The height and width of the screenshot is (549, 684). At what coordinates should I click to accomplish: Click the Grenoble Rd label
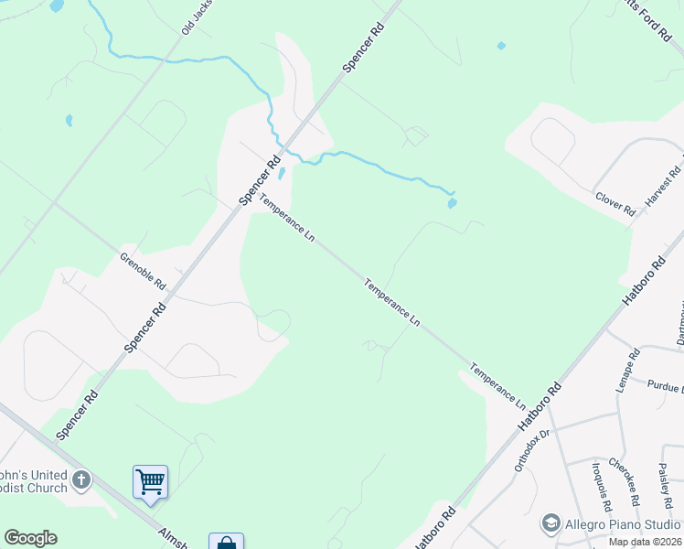(143, 271)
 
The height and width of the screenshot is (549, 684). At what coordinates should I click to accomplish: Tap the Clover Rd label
(615, 202)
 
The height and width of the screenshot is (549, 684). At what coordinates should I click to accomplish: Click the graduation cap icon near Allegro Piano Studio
(550, 523)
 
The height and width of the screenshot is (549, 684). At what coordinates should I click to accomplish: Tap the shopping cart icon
(150, 480)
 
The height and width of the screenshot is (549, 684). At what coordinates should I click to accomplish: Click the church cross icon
(81, 479)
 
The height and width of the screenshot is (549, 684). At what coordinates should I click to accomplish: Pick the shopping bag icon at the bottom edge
(225, 542)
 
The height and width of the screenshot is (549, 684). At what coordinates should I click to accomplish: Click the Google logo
(30, 538)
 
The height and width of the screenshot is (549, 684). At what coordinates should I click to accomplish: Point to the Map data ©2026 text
(644, 542)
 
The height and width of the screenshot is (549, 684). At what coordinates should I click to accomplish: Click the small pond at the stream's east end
(452, 203)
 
